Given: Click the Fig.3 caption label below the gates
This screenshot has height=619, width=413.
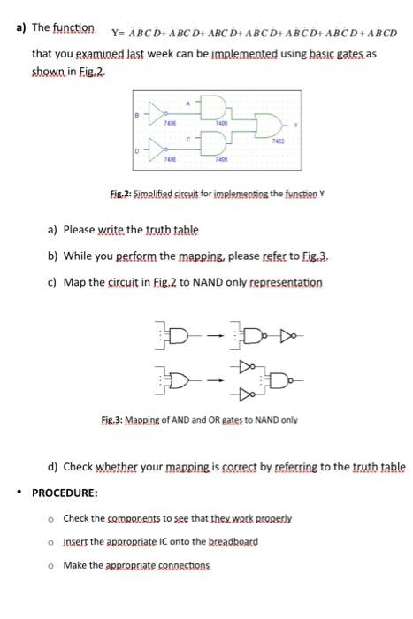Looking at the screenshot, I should click(x=143, y=421).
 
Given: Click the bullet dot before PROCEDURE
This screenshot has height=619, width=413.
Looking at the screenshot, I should click(x=18, y=492).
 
